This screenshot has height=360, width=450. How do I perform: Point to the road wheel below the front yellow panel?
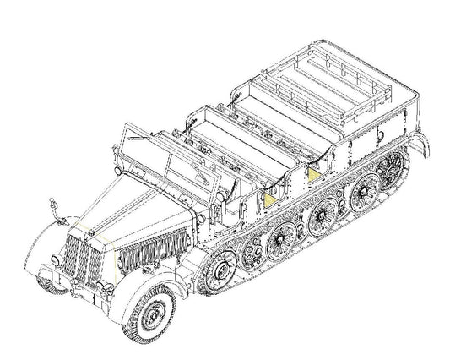(277, 244)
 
